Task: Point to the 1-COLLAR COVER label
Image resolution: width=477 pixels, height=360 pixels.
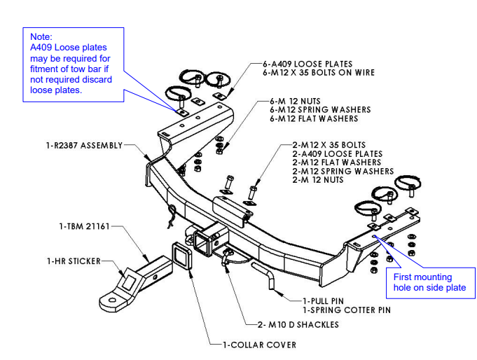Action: click(x=259, y=345)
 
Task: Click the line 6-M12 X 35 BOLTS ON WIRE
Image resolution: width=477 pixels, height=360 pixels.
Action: click(x=319, y=72)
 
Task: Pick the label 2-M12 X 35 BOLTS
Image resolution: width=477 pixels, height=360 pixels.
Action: click(x=329, y=145)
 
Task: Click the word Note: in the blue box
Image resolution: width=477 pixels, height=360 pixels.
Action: click(x=42, y=36)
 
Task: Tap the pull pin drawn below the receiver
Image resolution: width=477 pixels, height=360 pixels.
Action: click(x=267, y=276)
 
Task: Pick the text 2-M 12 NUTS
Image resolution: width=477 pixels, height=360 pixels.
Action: click(x=318, y=180)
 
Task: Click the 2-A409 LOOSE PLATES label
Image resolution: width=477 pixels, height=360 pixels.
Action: click(x=338, y=154)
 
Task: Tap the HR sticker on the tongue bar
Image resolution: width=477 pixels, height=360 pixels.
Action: click(x=131, y=282)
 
